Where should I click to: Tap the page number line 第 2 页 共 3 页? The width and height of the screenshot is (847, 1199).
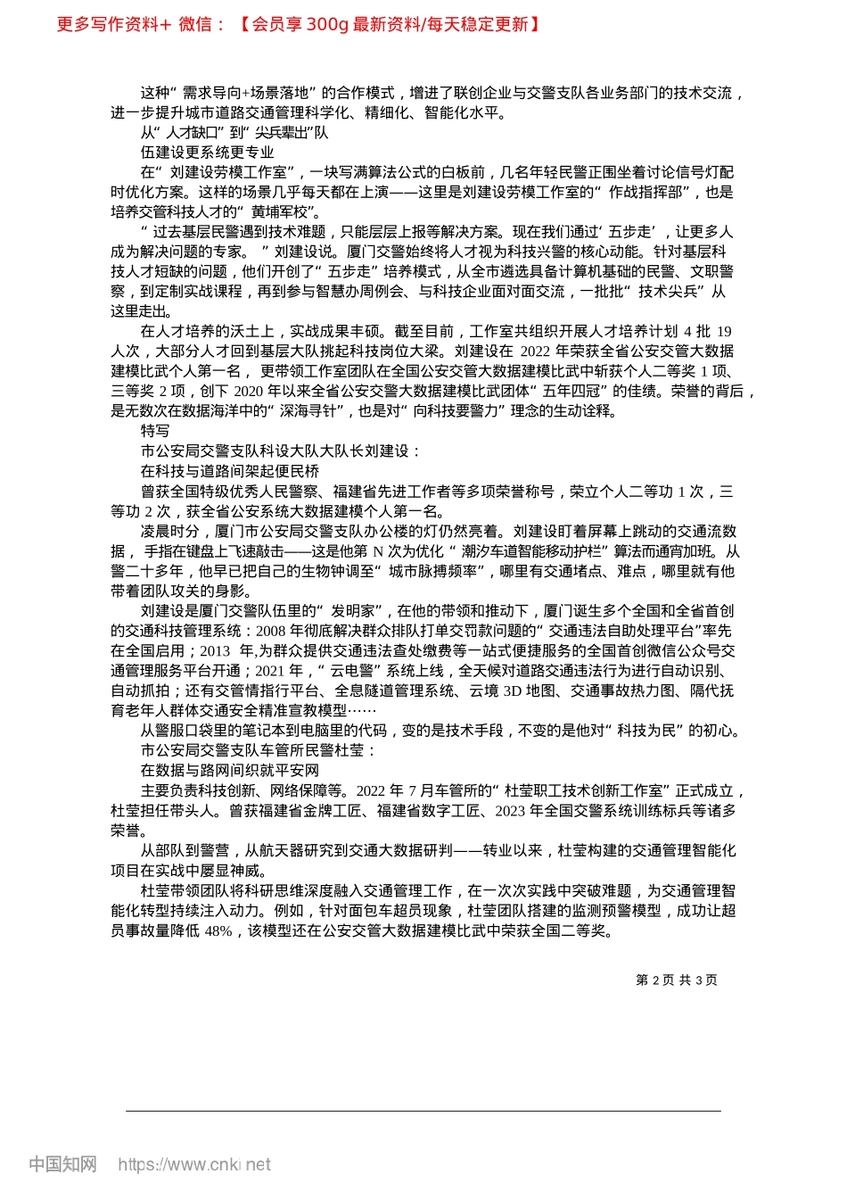point(676,980)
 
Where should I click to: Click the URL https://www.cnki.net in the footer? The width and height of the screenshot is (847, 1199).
point(194,1164)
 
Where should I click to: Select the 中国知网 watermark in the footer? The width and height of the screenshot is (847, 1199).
point(63,1164)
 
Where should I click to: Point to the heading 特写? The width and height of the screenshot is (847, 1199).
point(155,431)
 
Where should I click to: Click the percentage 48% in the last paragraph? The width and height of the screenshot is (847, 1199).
point(218,931)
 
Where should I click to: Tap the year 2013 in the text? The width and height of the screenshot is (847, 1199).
point(215,651)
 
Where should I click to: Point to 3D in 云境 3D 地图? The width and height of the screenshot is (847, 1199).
point(512,691)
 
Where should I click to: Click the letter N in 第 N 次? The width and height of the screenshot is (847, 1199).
point(378,551)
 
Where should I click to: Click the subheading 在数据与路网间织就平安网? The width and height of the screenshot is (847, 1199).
point(230,771)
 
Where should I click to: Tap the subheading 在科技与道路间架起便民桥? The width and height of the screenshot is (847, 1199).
point(230,471)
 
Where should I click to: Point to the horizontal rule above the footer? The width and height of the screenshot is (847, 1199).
point(423,1111)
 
